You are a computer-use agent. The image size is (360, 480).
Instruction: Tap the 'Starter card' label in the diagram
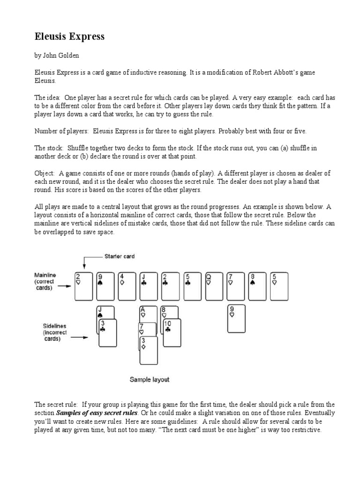tap(119, 256)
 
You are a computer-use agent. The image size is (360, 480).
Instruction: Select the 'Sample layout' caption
tap(150, 379)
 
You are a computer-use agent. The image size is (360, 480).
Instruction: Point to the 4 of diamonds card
tap(127, 286)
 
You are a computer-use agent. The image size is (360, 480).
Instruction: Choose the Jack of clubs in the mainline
tap(150, 286)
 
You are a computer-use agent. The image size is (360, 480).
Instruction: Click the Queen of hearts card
tap(215, 286)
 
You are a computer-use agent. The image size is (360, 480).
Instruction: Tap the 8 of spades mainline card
tap(258, 286)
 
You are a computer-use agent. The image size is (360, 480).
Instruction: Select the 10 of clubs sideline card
tap(172, 334)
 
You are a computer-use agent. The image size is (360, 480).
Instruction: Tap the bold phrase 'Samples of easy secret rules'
tap(97, 412)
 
